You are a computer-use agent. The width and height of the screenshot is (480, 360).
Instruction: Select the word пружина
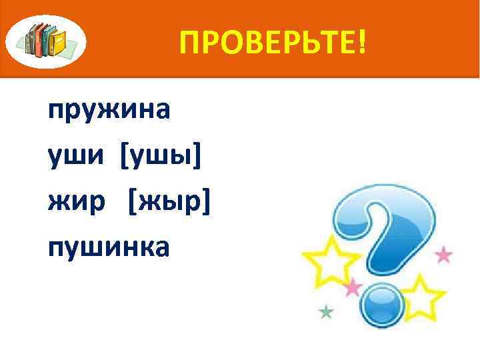(x=109, y=110)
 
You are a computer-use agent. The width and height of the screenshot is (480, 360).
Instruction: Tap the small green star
(x=326, y=311)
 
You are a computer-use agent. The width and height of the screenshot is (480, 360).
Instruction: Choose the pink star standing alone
(x=443, y=255)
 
